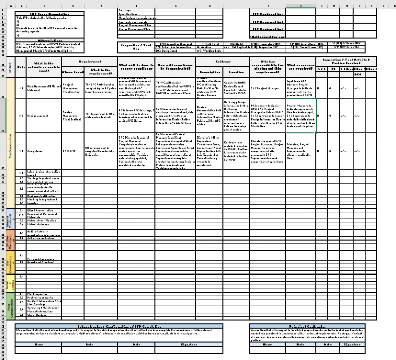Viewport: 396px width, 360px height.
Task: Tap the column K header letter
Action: pyautogui.click(x=301, y=6)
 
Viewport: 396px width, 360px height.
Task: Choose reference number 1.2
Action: pyautogui.click(x=21, y=116)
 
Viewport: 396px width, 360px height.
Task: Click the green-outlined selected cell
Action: pyautogui.click(x=300, y=116)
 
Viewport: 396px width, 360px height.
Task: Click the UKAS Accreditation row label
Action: pyautogui.click(x=41, y=211)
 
